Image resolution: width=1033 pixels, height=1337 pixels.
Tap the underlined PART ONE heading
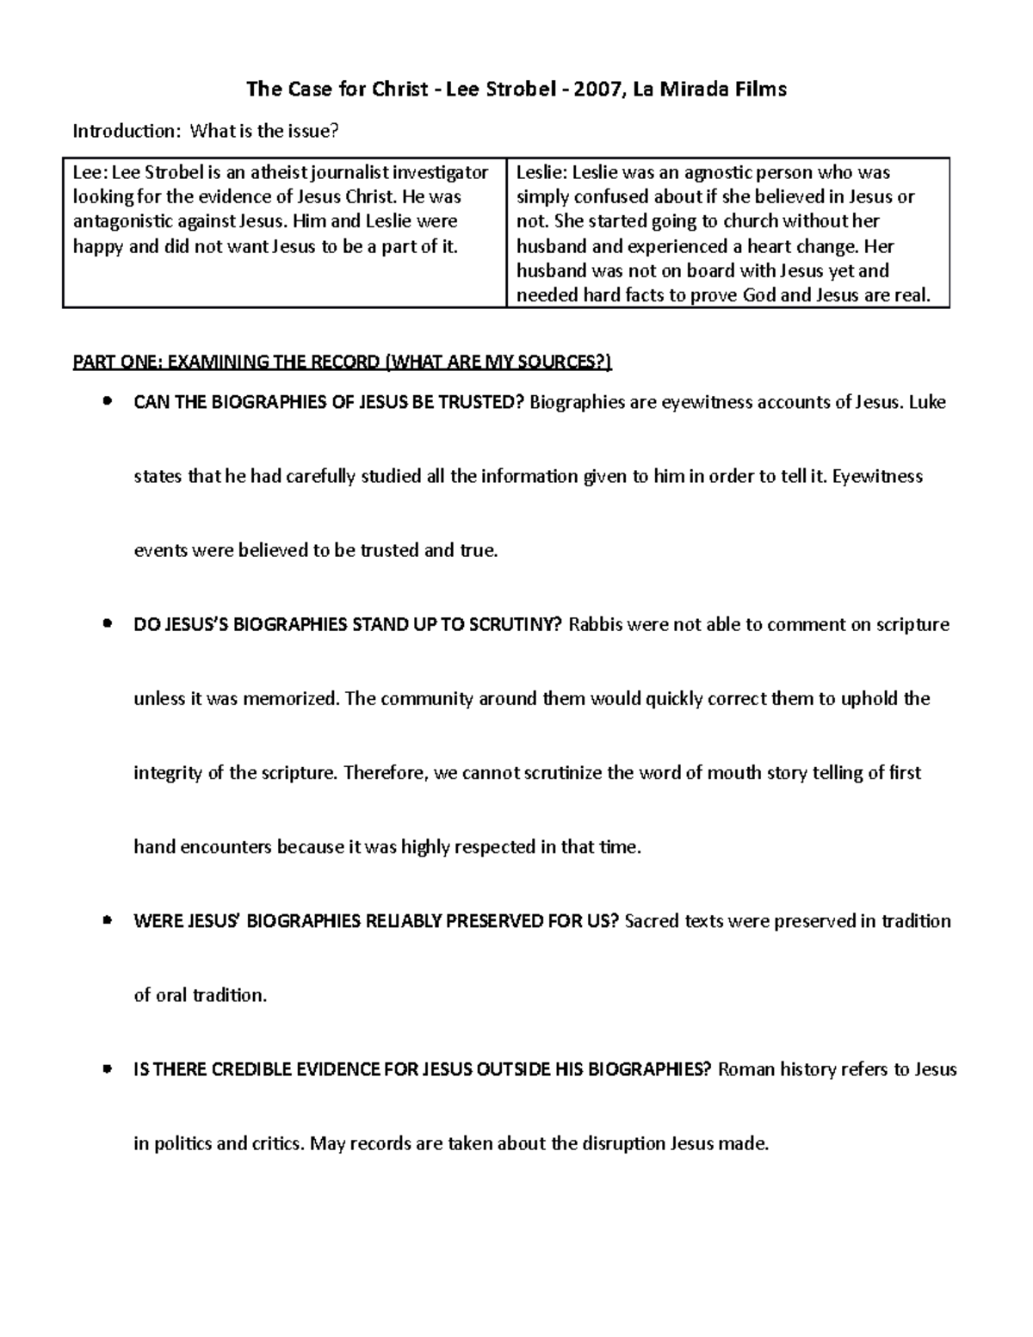pyautogui.click(x=342, y=362)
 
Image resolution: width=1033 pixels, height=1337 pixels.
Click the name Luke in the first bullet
pyautogui.click(x=927, y=402)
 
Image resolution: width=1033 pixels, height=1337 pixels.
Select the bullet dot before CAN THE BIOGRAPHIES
pyautogui.click(x=107, y=401)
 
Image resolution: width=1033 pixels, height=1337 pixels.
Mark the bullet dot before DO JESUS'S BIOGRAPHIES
pyautogui.click(x=107, y=623)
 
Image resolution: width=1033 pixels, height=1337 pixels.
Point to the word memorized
pyautogui.click(x=293, y=698)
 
